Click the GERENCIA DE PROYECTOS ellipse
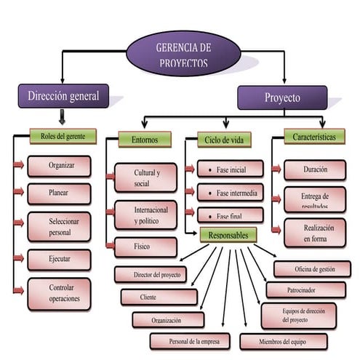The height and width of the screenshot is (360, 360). coord(182,55)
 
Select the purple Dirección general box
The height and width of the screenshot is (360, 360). coord(63,96)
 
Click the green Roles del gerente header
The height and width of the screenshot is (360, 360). coord(63,136)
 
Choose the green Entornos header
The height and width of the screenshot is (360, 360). coord(144,139)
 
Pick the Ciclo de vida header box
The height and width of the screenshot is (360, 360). coord(223,140)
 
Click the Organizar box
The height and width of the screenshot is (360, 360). coord(60,166)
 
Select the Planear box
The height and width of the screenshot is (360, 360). coord(60,194)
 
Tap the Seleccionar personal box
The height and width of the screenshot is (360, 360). coord(60,226)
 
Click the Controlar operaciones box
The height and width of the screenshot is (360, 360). coord(60,294)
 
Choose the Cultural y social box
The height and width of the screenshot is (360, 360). coord(145,177)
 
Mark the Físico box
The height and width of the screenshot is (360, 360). coord(145,247)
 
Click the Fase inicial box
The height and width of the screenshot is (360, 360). coord(230,169)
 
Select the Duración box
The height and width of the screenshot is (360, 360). coord(314,169)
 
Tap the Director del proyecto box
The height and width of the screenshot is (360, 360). coord(151,275)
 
